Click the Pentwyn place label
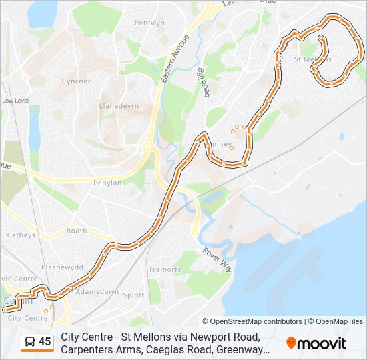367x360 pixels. click(x=149, y=23)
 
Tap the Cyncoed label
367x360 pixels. click(x=77, y=81)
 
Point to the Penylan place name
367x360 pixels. click(x=107, y=183)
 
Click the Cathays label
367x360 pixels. click(x=21, y=235)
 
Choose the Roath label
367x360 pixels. click(x=77, y=231)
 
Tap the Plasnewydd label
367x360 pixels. click(x=62, y=267)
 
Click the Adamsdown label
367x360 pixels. click(x=97, y=292)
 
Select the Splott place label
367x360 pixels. click(x=133, y=295)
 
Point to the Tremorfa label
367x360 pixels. click(x=165, y=269)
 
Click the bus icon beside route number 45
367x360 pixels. click(x=30, y=342)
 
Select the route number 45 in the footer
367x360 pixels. click(x=45, y=342)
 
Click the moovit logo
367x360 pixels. click(x=316, y=343)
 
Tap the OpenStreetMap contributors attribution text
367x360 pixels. click(x=252, y=321)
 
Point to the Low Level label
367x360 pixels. click(x=15, y=100)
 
